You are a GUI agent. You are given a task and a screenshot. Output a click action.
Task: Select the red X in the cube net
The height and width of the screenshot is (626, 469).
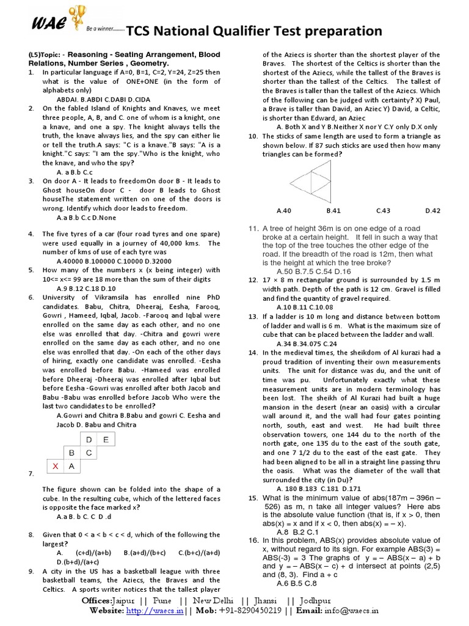pos(56,466)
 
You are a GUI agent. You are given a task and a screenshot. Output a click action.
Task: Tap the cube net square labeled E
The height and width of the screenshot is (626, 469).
pos(106,440)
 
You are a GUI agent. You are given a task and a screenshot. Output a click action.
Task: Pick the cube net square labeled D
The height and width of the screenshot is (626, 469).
pos(89,440)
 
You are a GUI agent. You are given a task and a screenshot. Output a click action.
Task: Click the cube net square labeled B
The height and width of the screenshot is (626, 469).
pos(72,453)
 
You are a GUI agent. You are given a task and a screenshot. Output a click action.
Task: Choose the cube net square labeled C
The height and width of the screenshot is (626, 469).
pos(89,453)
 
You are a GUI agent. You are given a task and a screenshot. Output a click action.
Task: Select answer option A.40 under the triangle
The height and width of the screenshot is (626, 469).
pos(284,211)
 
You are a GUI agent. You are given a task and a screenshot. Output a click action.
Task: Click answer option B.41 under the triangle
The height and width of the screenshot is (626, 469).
pos(333,211)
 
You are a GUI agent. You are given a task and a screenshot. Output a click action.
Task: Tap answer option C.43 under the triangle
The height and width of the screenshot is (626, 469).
pos(383,211)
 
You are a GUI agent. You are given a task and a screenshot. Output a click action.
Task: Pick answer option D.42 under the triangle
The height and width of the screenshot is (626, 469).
pos(432,211)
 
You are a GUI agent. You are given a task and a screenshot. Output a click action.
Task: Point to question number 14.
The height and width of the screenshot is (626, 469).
pos(252,353)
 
